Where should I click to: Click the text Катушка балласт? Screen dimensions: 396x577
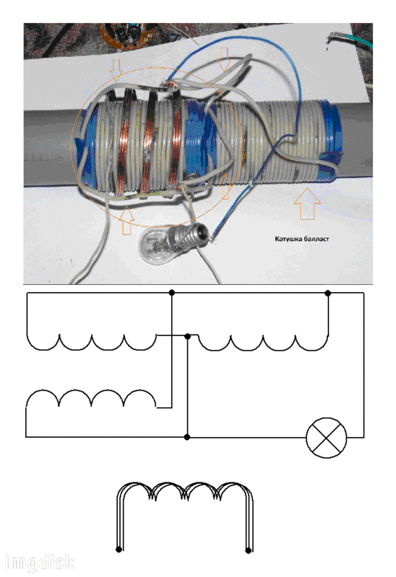click(301, 239)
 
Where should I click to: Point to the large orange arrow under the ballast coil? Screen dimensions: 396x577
click(307, 203)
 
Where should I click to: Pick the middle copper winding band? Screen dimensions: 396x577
click(149, 141)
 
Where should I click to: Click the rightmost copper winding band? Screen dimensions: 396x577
click(176, 140)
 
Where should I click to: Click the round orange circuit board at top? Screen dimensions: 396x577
click(126, 35)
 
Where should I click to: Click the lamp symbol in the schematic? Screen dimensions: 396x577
click(327, 438)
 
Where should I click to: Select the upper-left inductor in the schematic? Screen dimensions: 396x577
click(92, 341)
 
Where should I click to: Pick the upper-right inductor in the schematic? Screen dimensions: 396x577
click(263, 342)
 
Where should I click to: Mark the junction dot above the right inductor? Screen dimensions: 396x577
click(328, 293)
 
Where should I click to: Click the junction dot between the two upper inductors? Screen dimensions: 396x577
click(187, 336)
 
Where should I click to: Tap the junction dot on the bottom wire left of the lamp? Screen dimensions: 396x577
click(187, 437)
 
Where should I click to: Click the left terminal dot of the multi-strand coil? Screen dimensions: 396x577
click(119, 550)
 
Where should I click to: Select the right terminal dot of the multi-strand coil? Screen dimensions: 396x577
click(249, 550)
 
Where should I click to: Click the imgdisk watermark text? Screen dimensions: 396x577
click(40, 562)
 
